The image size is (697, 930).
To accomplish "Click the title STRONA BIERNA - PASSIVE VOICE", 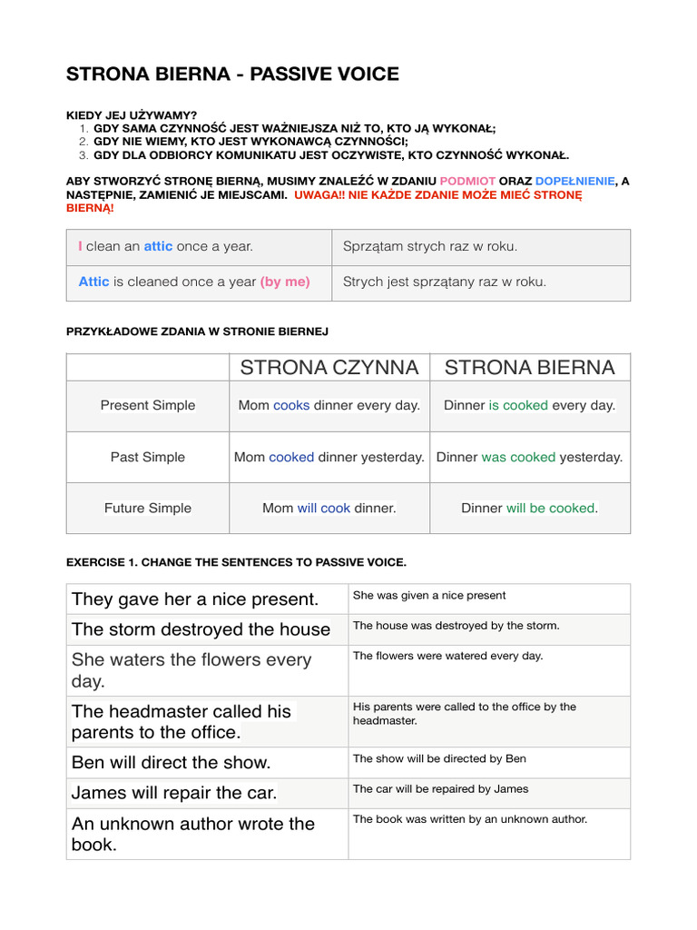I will point(232,74).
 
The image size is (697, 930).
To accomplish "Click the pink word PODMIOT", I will point(467,181).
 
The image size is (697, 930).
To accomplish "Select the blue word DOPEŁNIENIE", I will point(574,181).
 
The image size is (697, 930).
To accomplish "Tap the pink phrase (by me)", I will point(285,282).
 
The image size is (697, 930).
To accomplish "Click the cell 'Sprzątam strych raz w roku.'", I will point(430,246).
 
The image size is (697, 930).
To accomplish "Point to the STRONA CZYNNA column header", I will point(329,367).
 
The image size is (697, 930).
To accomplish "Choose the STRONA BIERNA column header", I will point(530,367).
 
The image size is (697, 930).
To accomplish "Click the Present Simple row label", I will point(148,405).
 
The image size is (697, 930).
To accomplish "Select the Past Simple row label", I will point(148,457).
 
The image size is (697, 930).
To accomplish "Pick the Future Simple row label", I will point(148,508).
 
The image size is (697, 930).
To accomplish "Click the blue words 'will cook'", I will point(324,508).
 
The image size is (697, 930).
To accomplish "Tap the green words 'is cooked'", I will point(518,405).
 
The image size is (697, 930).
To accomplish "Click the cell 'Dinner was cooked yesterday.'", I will point(530,457).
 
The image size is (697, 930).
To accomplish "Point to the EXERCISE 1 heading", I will point(236,562).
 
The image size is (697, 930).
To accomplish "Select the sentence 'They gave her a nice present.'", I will point(195,599).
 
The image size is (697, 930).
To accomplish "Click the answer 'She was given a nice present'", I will point(429,596).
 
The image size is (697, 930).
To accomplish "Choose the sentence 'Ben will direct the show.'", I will point(172,762).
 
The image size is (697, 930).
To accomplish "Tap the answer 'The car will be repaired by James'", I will point(440,789).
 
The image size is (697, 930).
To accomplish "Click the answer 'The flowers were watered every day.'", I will point(447,656).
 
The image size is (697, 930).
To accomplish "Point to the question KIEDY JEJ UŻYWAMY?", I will point(132,115).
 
